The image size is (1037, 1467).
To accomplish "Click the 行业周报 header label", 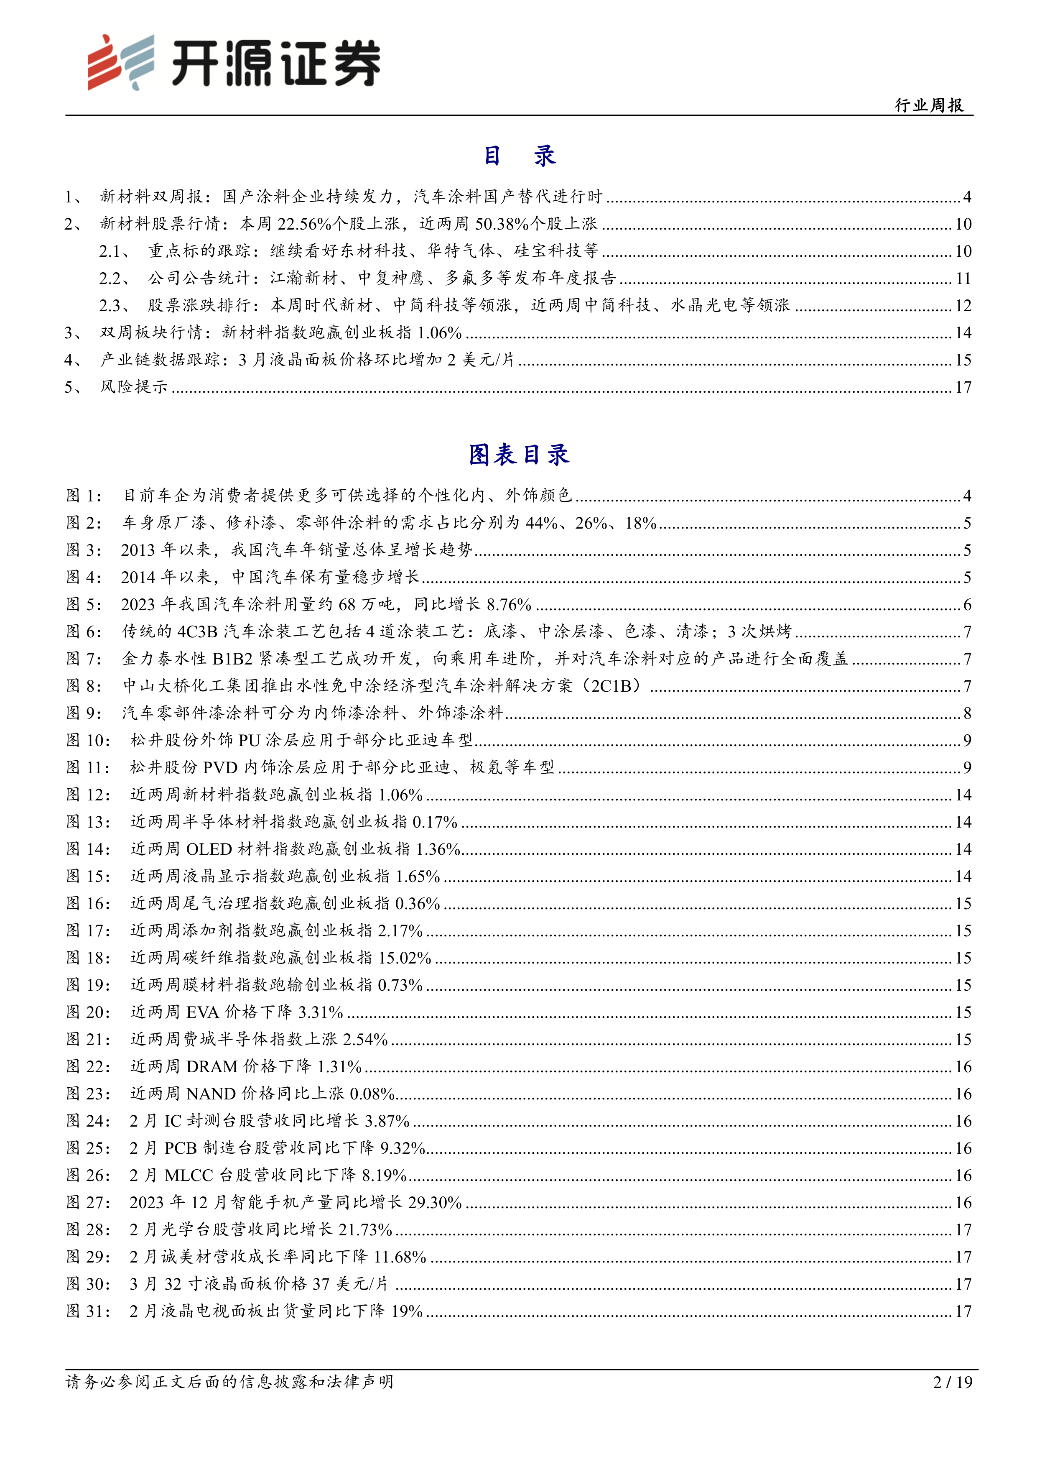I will click(929, 105).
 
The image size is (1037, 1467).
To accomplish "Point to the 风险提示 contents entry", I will click(133, 387).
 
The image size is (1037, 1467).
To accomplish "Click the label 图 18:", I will click(88, 958).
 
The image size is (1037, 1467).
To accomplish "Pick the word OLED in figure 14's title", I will click(209, 849).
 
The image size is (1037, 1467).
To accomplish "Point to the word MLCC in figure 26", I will click(189, 1175).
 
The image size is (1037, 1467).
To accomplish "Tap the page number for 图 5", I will click(967, 604).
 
